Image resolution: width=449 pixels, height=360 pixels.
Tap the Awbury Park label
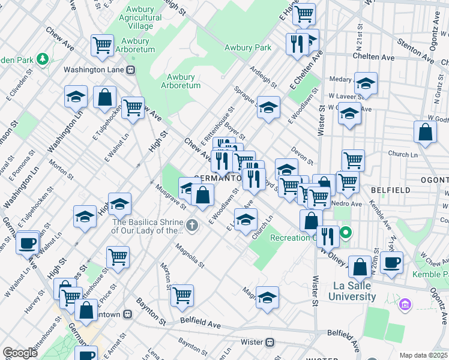point(248,47)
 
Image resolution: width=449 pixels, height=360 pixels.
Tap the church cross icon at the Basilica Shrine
point(191,226)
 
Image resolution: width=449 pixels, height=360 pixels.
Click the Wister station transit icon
point(270,342)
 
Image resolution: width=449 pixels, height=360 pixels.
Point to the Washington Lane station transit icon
point(130,70)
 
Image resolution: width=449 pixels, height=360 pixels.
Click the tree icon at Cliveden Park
point(43,59)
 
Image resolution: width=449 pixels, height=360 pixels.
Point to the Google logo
point(20,353)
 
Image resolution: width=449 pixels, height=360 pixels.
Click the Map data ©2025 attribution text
point(423,355)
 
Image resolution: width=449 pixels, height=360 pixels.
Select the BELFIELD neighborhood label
point(390,190)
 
